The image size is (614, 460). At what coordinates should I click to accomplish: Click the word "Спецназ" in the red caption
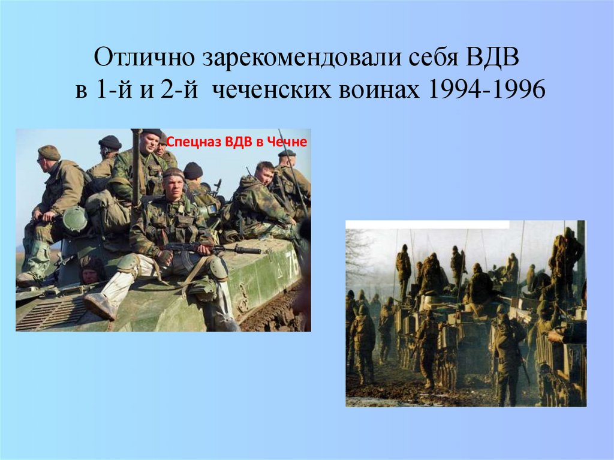(186, 142)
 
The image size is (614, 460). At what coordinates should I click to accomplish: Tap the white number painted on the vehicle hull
(291, 262)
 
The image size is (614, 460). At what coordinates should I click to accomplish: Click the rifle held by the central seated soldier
(198, 248)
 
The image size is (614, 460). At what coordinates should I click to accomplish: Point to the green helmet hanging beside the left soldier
(74, 220)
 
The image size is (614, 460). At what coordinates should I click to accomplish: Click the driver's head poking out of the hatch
(89, 273)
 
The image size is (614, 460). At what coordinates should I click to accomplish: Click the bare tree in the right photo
(358, 252)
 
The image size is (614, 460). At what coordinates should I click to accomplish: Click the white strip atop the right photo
(427, 224)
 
